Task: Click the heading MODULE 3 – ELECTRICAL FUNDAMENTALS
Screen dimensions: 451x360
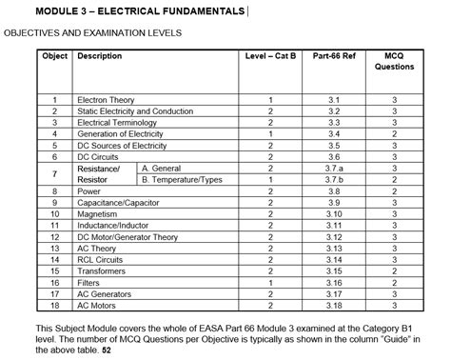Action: (x=127, y=10)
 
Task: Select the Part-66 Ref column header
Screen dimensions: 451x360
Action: (x=333, y=56)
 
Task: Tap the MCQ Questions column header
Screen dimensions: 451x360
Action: (x=394, y=62)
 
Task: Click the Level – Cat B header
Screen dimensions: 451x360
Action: (x=270, y=56)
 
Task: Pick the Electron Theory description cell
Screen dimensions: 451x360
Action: (x=105, y=100)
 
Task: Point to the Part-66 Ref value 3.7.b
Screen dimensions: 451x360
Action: (x=333, y=179)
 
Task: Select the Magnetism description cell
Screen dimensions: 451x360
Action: (x=99, y=214)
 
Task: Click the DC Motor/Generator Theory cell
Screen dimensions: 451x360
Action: (x=127, y=237)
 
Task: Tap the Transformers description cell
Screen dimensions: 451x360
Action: (x=104, y=270)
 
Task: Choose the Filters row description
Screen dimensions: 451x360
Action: (x=90, y=282)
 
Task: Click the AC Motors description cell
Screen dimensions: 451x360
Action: (x=98, y=305)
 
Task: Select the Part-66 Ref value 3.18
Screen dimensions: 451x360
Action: (x=333, y=305)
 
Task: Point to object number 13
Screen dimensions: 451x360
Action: (x=55, y=249)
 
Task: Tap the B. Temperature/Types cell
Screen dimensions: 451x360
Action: (x=181, y=179)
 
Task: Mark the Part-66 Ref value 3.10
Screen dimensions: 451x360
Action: (x=333, y=214)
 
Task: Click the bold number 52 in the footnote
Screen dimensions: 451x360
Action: (x=106, y=350)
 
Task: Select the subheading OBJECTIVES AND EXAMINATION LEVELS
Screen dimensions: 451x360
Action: (x=92, y=33)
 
